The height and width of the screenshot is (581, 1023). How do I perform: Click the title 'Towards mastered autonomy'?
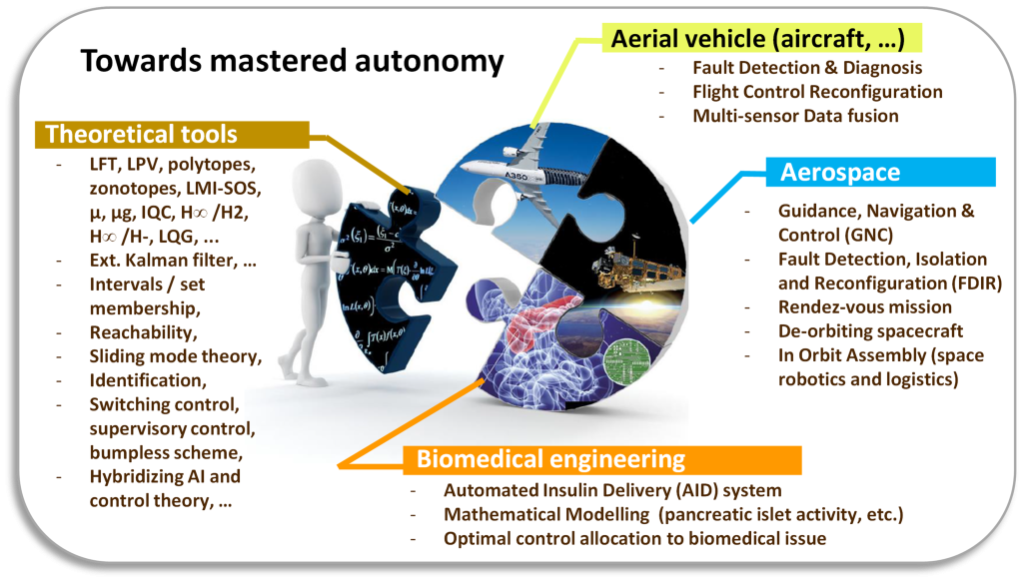[292, 62]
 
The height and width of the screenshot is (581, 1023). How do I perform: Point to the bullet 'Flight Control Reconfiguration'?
[817, 92]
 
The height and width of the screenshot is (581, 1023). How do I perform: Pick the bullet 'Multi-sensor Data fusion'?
[795, 116]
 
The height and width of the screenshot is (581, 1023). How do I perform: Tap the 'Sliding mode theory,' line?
[175, 355]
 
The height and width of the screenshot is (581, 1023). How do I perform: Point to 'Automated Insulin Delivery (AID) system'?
[613, 491]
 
